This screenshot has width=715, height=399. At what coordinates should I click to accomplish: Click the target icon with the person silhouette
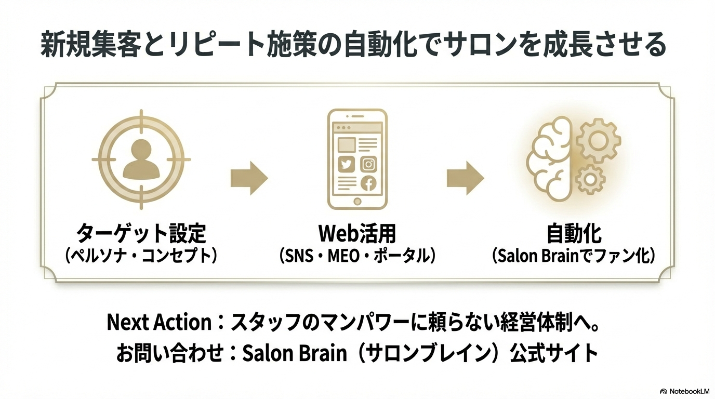pos(140,159)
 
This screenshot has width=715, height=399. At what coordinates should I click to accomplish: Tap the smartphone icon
pos(357,158)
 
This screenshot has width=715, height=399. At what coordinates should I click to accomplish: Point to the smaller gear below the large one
pos(590,180)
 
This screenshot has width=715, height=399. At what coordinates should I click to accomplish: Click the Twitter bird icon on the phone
pos(346,165)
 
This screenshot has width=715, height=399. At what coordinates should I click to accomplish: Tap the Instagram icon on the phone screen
pos(368,165)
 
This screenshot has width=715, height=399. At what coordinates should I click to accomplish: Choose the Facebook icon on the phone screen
pos(368,183)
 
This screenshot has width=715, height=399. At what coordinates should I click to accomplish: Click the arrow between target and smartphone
pos(249,178)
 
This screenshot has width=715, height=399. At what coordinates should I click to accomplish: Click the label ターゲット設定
pos(141,233)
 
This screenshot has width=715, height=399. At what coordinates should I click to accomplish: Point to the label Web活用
pos(357,233)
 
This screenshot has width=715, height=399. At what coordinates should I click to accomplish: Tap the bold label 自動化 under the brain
pos(574,233)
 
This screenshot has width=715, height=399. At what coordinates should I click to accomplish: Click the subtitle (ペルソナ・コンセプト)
pos(141,256)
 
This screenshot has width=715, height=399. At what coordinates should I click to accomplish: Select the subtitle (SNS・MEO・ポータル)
pos(357,256)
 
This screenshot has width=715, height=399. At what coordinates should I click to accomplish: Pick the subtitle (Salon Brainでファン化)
pos(574,256)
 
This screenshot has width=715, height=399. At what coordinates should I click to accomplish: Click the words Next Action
pos(158,323)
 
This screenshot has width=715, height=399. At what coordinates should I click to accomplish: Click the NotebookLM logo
pos(684,391)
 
